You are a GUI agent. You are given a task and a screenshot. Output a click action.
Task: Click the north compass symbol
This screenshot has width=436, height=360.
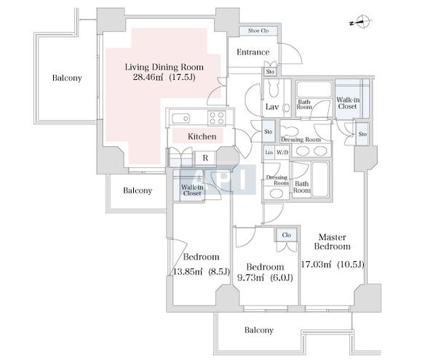coord(361,22)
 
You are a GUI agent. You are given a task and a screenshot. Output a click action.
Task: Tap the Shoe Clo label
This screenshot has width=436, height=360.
coord(258,31)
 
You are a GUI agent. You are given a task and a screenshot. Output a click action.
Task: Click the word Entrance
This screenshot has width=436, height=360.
coord(253,52)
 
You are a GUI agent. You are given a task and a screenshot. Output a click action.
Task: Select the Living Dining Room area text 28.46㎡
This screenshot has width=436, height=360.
coord(148,77)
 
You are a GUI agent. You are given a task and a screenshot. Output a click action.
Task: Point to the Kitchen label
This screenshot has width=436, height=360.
coord(202,137)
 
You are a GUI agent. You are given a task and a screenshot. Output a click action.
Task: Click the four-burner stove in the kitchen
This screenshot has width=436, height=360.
coord(216,118)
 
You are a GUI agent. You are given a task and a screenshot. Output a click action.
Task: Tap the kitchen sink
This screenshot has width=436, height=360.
coord(181,119)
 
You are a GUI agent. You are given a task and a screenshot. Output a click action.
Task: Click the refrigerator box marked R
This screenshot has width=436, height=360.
coord(205,158)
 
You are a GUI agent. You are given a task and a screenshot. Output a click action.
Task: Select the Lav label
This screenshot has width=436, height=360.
coord(271,107)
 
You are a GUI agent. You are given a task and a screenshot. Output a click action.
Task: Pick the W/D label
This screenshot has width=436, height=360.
coord(282,153)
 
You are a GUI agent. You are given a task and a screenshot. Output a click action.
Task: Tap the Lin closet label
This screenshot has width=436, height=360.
coord(269,153)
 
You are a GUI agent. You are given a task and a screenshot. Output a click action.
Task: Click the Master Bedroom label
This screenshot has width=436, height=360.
coord(332,241)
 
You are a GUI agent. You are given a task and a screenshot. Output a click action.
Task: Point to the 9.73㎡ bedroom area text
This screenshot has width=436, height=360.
coord(251,278)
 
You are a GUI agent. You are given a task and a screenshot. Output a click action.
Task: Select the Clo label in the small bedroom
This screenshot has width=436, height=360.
coord(286,235)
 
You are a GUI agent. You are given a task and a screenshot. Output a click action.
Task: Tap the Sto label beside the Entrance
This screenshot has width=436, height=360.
coord(270,72)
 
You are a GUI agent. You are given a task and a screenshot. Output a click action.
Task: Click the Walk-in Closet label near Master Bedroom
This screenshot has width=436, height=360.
coord(348,103)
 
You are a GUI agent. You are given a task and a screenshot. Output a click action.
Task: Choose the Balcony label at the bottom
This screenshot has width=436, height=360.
coord(259,330)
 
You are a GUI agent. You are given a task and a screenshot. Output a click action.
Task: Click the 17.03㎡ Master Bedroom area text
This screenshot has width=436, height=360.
coord(316,264)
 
